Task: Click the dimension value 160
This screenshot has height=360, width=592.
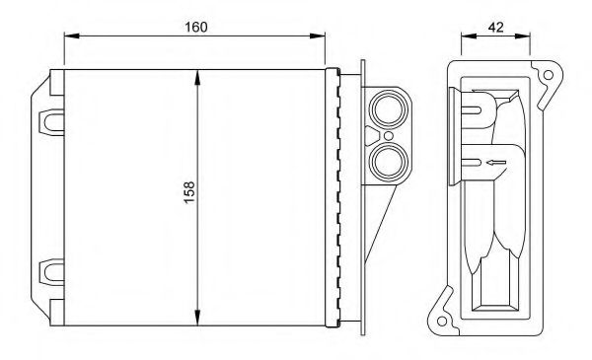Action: (196, 28)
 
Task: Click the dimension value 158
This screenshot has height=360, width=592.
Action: (189, 192)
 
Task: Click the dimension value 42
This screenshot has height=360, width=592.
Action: (495, 28)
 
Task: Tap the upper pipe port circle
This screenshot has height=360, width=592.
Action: (388, 109)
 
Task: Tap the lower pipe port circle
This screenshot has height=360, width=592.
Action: (388, 162)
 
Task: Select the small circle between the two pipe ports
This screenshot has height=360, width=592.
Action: (388, 136)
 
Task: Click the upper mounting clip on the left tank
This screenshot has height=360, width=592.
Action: (51, 122)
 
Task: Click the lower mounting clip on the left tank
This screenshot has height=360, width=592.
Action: (51, 272)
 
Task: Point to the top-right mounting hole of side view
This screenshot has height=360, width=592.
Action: (549, 75)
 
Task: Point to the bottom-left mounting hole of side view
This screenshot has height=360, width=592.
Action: (442, 322)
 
